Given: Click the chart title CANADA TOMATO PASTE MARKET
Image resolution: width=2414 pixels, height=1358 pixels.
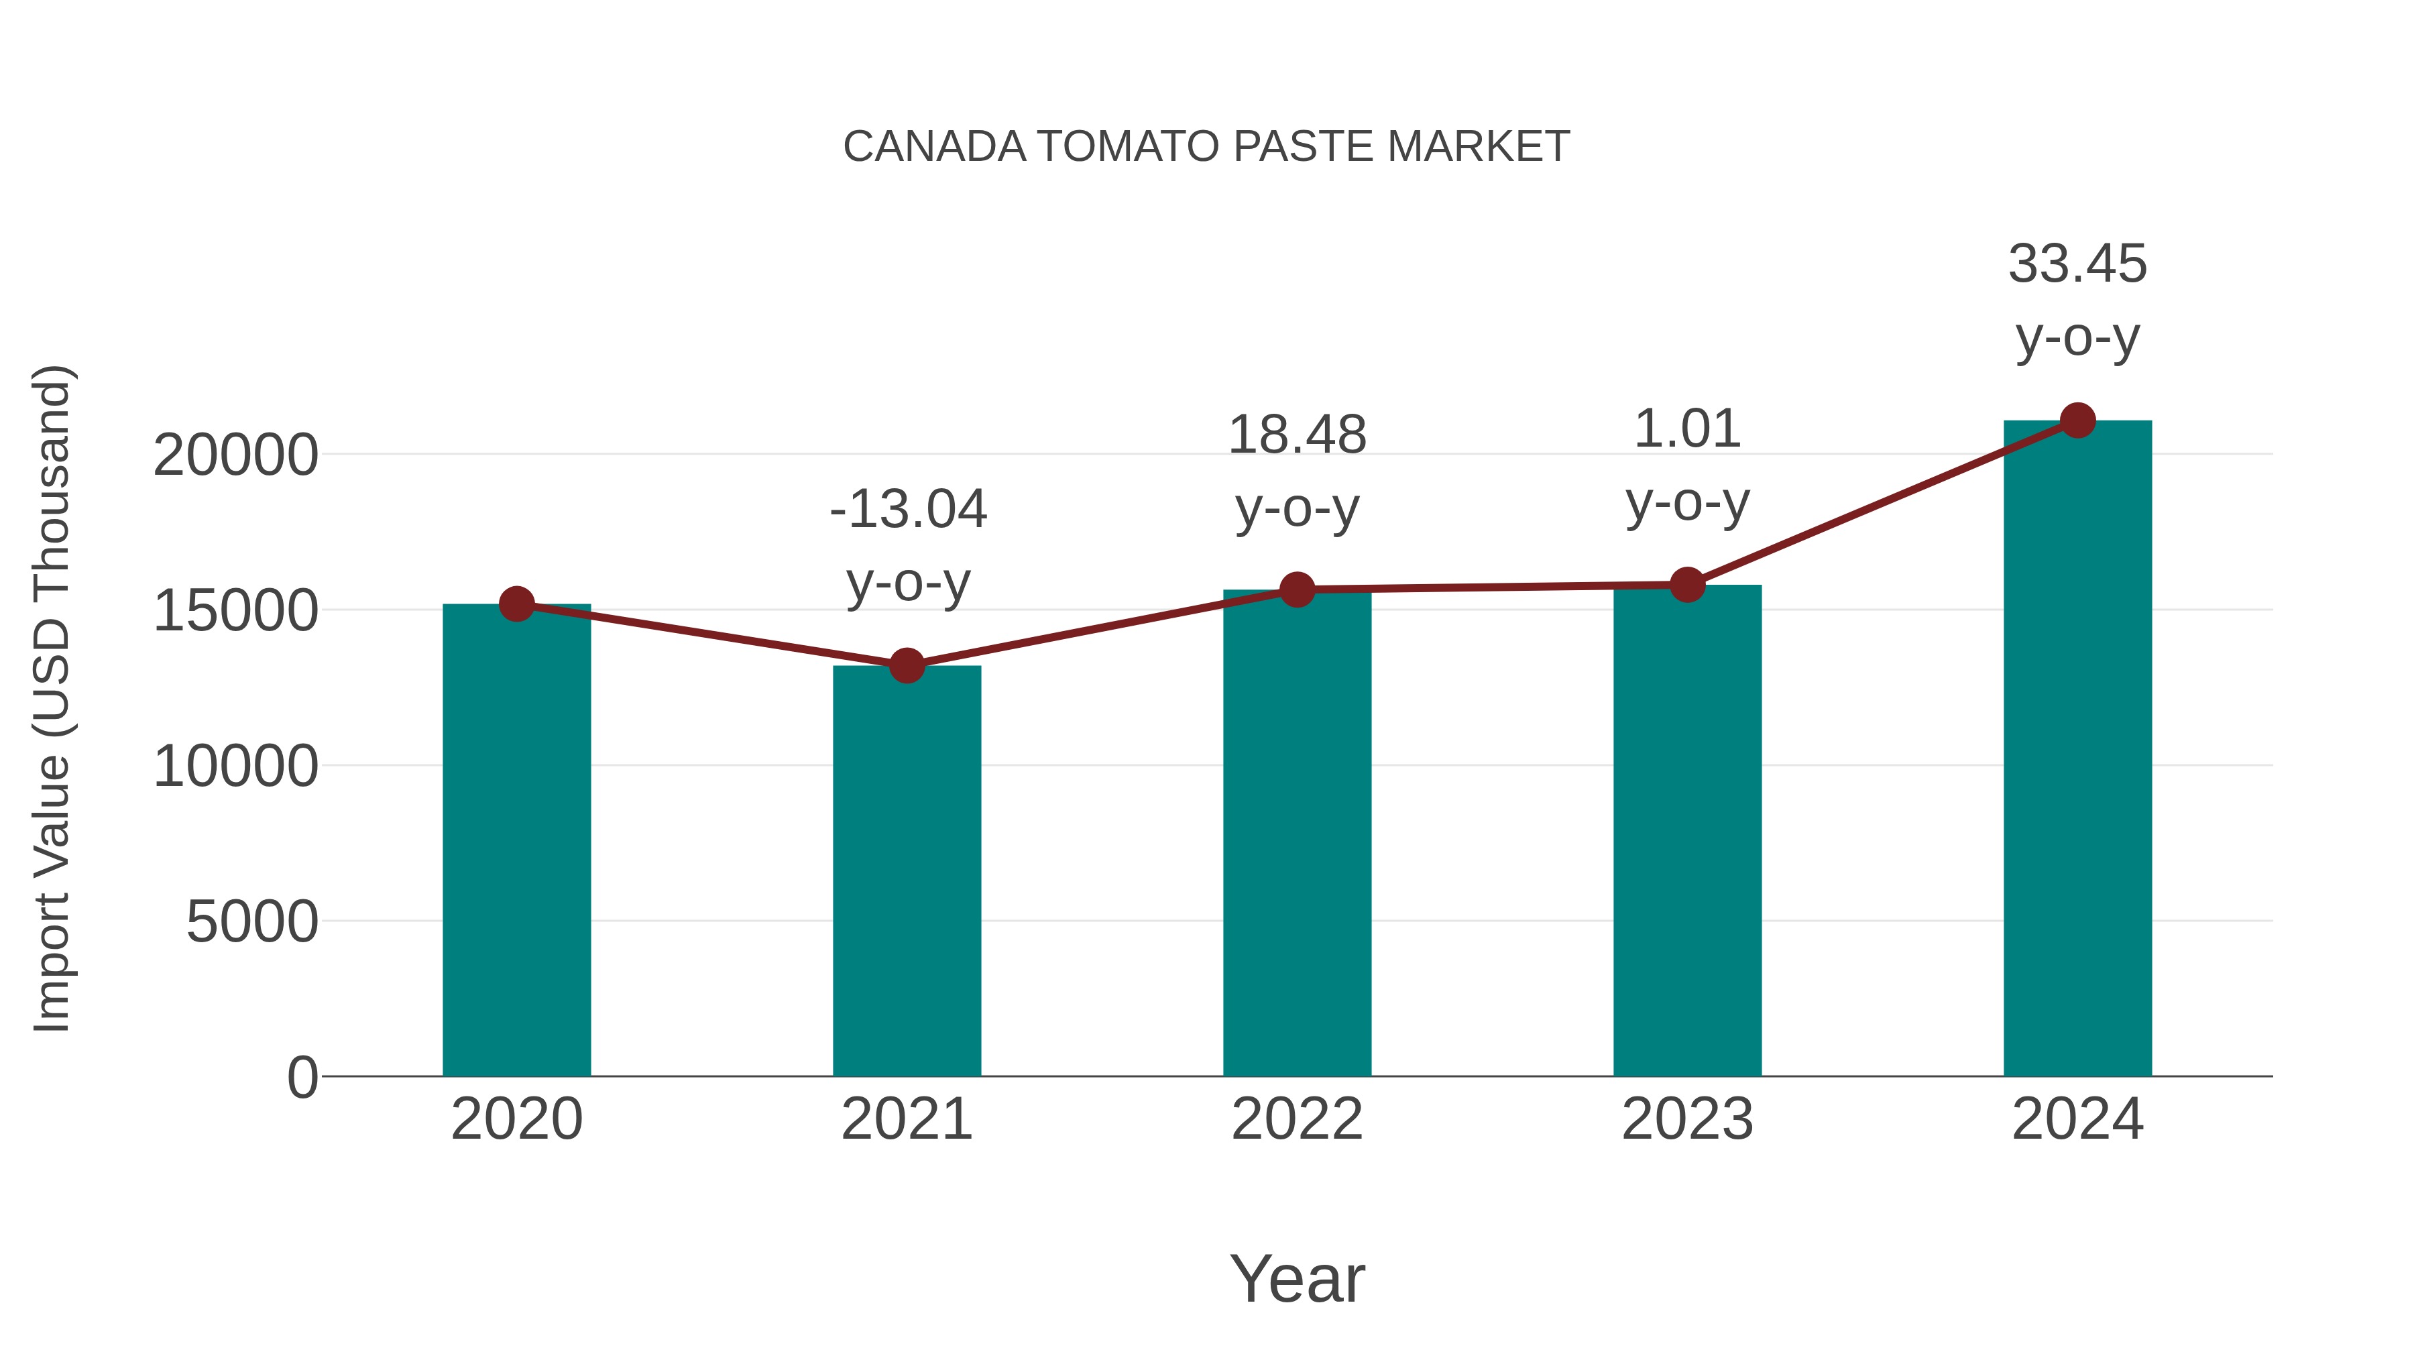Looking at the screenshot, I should click(x=1206, y=146).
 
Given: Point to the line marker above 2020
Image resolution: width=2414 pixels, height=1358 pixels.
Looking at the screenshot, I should click(x=516, y=604).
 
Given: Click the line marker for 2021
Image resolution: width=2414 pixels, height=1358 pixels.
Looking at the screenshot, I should click(x=906, y=667).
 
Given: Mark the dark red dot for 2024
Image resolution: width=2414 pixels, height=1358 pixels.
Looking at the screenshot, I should click(x=2077, y=420).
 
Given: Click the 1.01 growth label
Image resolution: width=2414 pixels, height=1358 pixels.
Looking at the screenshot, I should click(x=1687, y=429).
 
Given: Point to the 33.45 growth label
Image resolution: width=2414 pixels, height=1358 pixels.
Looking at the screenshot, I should click(x=2077, y=264).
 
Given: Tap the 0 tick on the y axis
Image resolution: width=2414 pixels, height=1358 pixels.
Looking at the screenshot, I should click(x=302, y=1078).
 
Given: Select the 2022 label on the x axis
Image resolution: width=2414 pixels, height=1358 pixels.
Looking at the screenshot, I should click(x=1297, y=1119).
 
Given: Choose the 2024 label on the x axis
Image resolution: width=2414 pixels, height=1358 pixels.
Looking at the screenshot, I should click(x=2077, y=1119).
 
